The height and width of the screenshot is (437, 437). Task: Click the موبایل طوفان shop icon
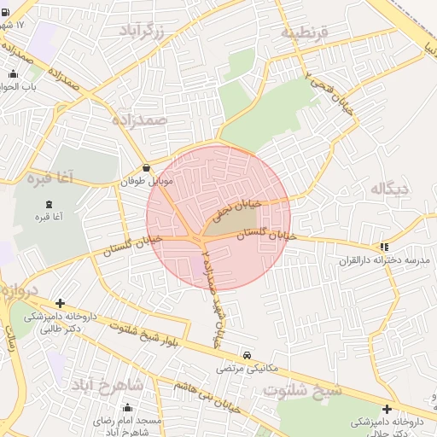click(x=149, y=168)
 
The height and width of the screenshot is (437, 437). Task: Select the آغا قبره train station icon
click(x=48, y=204)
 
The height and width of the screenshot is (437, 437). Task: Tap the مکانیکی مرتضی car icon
click(x=247, y=354)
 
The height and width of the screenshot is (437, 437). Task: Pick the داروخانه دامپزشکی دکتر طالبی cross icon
click(x=60, y=303)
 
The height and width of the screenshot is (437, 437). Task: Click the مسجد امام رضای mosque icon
click(x=128, y=408)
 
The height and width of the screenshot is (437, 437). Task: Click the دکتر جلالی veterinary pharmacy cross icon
click(x=388, y=409)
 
